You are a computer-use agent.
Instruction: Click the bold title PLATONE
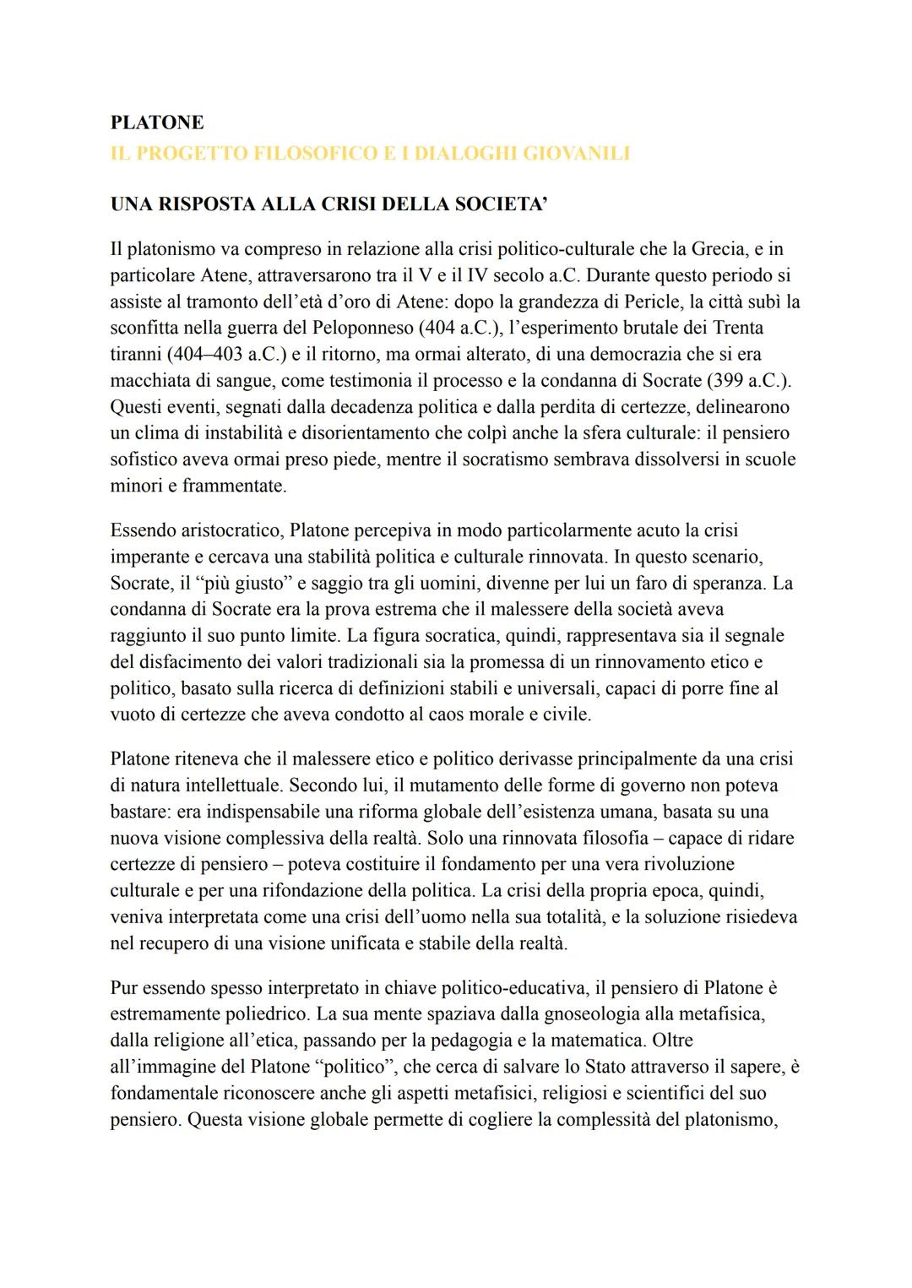click(x=157, y=122)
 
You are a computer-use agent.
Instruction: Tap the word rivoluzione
click(x=685, y=864)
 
